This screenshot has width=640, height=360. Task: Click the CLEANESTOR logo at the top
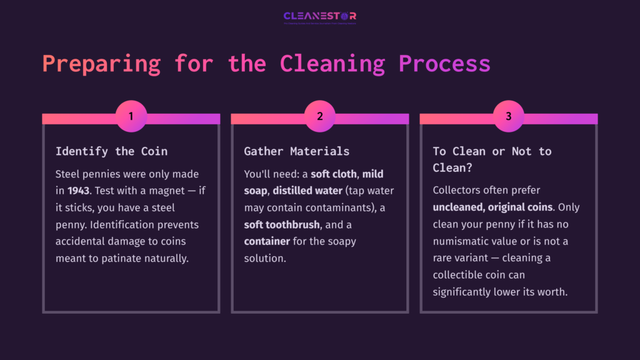319,16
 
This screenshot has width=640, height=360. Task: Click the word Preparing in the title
101,64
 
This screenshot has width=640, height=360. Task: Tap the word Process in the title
444,64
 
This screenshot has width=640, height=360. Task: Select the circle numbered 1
131,116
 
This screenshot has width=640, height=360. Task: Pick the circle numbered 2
320,116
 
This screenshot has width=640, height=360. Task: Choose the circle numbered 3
508,116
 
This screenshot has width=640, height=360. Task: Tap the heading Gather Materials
296,151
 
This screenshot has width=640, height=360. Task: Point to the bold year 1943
79,190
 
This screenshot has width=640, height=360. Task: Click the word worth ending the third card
552,291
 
